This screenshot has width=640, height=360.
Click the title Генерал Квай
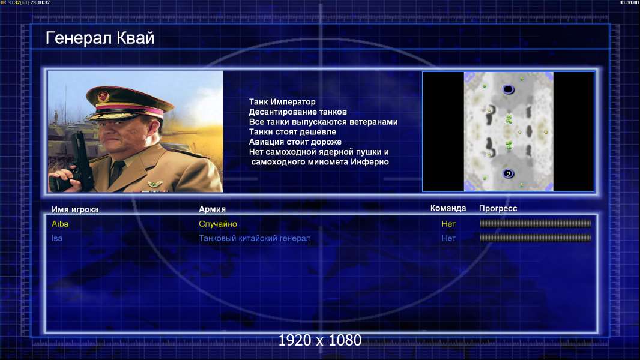(x=100, y=38)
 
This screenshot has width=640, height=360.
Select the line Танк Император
(x=282, y=102)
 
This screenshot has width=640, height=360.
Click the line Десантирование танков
(x=298, y=112)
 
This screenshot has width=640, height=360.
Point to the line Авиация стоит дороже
(x=295, y=142)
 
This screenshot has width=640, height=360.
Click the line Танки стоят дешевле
(x=292, y=131)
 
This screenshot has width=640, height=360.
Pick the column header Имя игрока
(x=75, y=209)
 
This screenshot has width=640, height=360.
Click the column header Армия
(x=213, y=209)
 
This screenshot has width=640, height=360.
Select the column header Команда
(x=448, y=208)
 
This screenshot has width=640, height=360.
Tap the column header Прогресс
(x=498, y=209)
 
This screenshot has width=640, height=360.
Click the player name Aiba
(x=60, y=224)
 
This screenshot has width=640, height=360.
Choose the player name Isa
(x=57, y=238)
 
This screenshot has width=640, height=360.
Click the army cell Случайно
(x=218, y=224)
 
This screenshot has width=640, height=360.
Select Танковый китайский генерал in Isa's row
(x=255, y=238)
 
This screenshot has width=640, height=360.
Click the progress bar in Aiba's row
(x=536, y=223)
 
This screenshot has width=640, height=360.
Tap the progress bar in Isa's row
(x=536, y=238)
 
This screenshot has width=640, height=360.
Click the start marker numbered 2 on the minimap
(x=508, y=173)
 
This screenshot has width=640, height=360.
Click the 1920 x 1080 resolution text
(x=320, y=340)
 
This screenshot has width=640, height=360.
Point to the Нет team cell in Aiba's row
(x=448, y=224)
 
